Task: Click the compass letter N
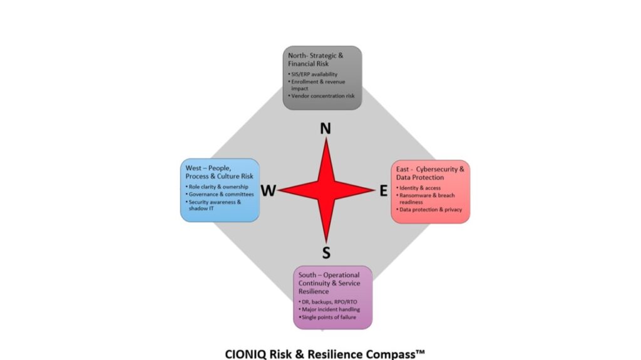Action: pos(326,128)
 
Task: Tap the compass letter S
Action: pos(326,253)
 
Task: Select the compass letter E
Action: pos(384,191)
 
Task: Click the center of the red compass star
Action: pos(326,191)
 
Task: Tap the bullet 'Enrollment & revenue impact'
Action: pos(317,85)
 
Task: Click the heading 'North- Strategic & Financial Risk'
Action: pos(315,59)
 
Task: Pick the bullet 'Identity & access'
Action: pos(419,188)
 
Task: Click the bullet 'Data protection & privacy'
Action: pos(430,210)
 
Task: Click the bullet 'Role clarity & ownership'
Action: pos(218,187)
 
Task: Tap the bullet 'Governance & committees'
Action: pos(217,194)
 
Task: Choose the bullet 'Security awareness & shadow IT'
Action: pos(214,205)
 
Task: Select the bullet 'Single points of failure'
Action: pos(329,317)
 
